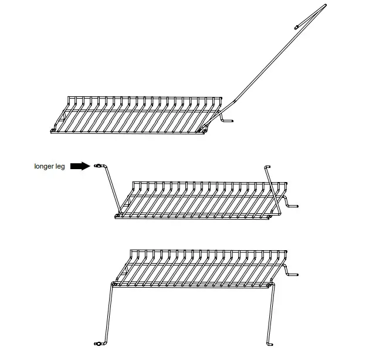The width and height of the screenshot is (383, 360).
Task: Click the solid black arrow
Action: tap(80, 167)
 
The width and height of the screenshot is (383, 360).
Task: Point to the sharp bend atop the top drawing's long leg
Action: tap(325, 6)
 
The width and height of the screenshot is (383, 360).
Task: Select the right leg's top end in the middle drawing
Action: tap(267, 167)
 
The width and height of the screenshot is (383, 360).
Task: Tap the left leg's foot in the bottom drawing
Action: tap(97, 342)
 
